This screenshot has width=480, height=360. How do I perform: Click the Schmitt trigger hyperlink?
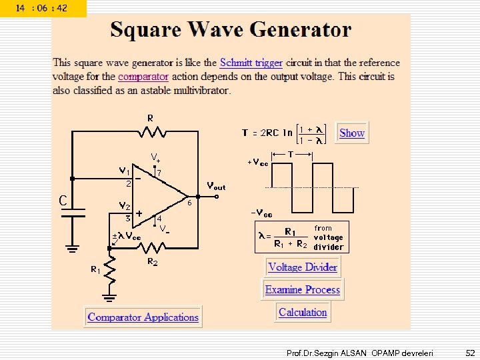pyautogui.click(x=251, y=63)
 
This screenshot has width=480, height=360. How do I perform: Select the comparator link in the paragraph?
pyautogui.click(x=143, y=77)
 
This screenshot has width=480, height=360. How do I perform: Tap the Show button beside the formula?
pyautogui.click(x=352, y=133)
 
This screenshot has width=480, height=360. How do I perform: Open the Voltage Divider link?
pyautogui.click(x=303, y=267)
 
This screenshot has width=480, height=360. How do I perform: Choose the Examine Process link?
pyautogui.click(x=303, y=289)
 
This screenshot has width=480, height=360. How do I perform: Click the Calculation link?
pyautogui.click(x=303, y=312)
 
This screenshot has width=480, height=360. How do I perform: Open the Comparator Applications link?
pyautogui.click(x=143, y=317)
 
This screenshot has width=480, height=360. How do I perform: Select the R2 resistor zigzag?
pyautogui.click(x=152, y=247)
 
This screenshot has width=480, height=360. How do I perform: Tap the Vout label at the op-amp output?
pyautogui.click(x=216, y=187)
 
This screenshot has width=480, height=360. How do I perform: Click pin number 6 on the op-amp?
pyautogui.click(x=189, y=203)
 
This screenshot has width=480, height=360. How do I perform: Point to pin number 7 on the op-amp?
pyautogui.click(x=159, y=173)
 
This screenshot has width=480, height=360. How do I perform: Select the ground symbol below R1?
pyautogui.click(x=111, y=295)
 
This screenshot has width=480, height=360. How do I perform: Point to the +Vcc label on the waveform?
pyautogui.click(x=258, y=163)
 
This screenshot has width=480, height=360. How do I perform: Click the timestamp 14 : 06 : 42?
pyautogui.click(x=42, y=8)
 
